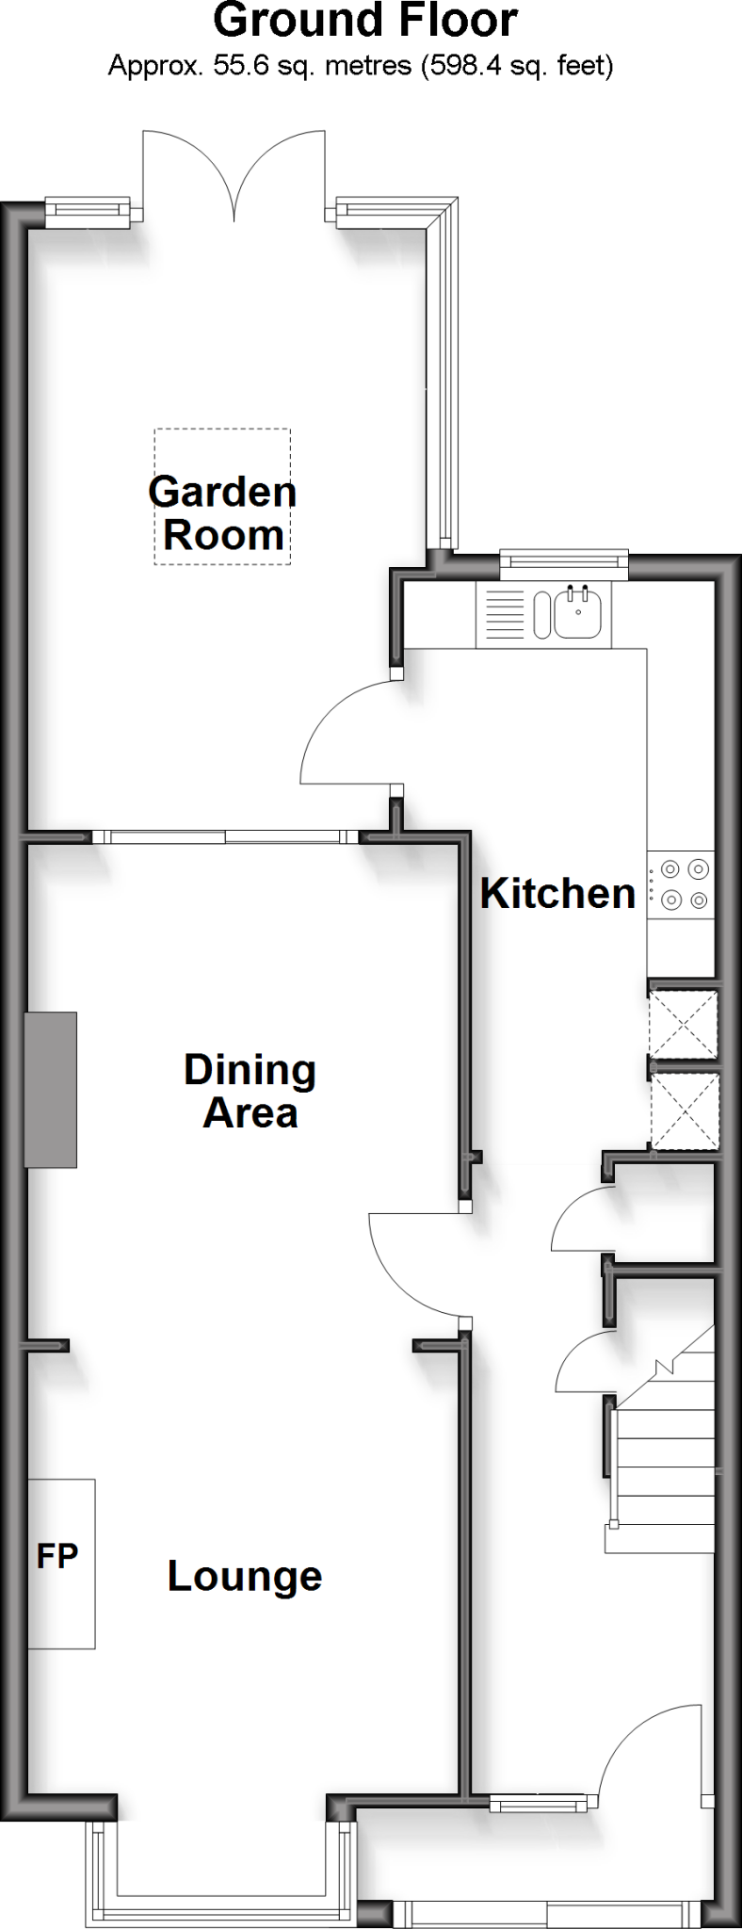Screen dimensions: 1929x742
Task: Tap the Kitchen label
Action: pyautogui.click(x=557, y=893)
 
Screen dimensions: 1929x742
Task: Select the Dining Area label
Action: pyautogui.click(x=250, y=1091)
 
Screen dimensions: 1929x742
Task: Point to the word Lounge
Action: pyautogui.click(x=245, y=1576)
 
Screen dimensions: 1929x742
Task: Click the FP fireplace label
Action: pyautogui.click(x=57, y=1557)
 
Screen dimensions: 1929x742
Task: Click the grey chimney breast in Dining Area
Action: pyautogui.click(x=51, y=1090)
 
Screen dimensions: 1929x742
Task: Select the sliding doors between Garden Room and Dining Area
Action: pyautogui.click(x=226, y=835)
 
